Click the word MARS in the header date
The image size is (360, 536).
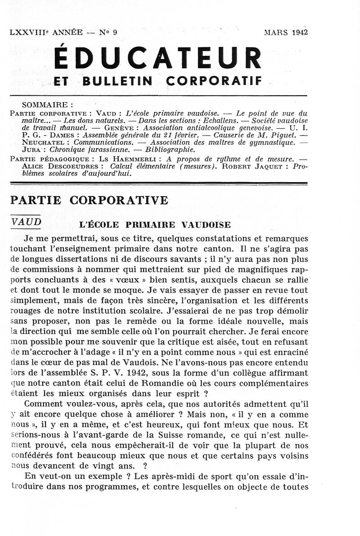[276, 32]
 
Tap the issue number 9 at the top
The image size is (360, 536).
[115, 32]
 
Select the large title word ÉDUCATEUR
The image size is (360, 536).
[157, 58]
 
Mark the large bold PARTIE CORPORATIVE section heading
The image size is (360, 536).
[89, 201]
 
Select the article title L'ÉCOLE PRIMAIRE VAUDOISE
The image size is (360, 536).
[155, 225]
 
